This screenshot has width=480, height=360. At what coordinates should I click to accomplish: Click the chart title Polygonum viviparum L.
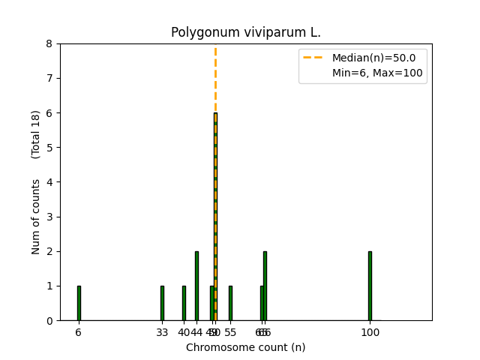[245, 33]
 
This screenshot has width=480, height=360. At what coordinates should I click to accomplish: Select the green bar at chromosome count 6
[79, 303]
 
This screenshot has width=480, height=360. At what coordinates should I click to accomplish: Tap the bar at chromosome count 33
[162, 303]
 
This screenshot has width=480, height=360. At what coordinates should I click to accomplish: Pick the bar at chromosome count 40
[184, 303]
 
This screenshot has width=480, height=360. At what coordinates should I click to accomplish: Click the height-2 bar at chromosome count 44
[196, 286]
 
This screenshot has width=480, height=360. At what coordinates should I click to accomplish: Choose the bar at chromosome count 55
[230, 303]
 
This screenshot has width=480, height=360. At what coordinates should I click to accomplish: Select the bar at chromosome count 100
[370, 286]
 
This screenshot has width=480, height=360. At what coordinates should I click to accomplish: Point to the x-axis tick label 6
[78, 332]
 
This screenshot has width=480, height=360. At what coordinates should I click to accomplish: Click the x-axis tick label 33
[162, 332]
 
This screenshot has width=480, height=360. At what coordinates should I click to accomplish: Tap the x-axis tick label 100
[370, 332]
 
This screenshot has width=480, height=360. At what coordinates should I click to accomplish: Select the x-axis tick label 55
[231, 332]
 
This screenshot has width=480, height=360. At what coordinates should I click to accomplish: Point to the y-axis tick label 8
[49, 43]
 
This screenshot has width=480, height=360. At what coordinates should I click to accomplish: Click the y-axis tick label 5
[49, 148]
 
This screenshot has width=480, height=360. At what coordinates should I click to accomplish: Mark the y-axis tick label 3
[49, 217]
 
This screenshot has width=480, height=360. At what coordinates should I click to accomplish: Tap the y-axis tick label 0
[49, 321]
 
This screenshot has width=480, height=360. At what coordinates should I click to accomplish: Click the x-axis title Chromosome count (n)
[245, 347]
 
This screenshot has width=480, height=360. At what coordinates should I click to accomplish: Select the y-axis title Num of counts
[36, 217]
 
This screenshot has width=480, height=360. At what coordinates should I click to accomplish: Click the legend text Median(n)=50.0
[379, 58]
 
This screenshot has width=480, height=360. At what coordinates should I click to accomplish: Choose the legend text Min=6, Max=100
[377, 73]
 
